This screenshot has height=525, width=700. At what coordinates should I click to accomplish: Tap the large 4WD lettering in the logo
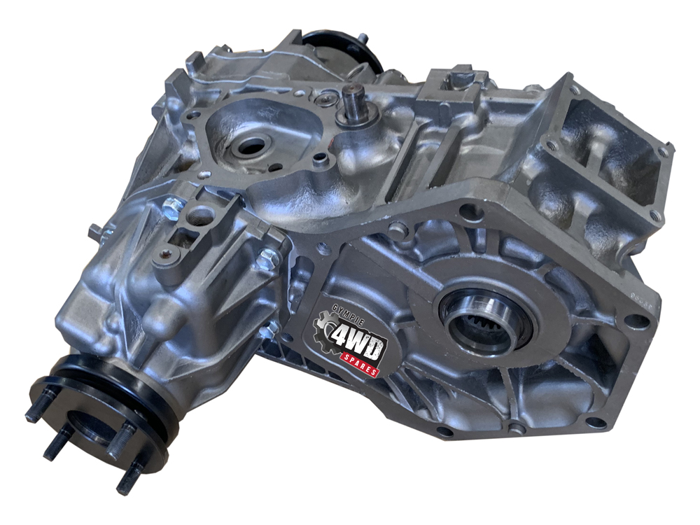(x=358, y=342)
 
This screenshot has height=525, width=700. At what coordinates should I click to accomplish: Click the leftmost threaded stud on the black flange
(x=38, y=411)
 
